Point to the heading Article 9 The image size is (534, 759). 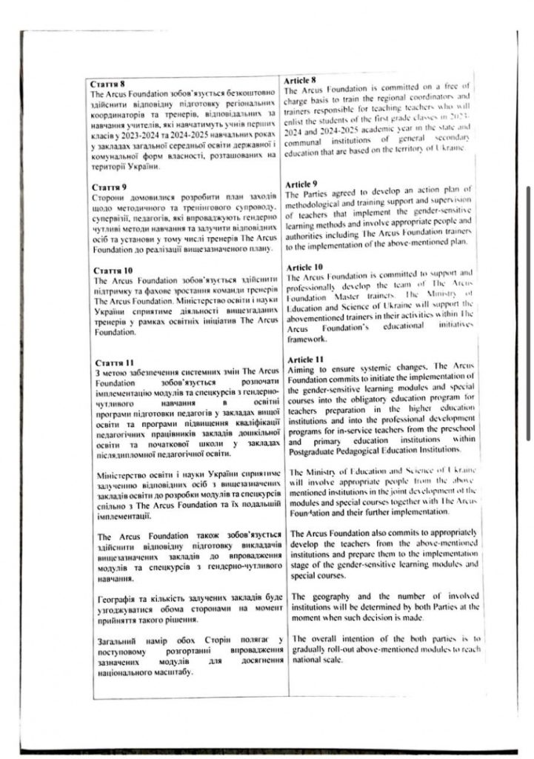[x=302, y=183]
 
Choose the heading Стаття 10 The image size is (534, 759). [x=108, y=271]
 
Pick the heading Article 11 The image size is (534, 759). [x=304, y=359]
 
